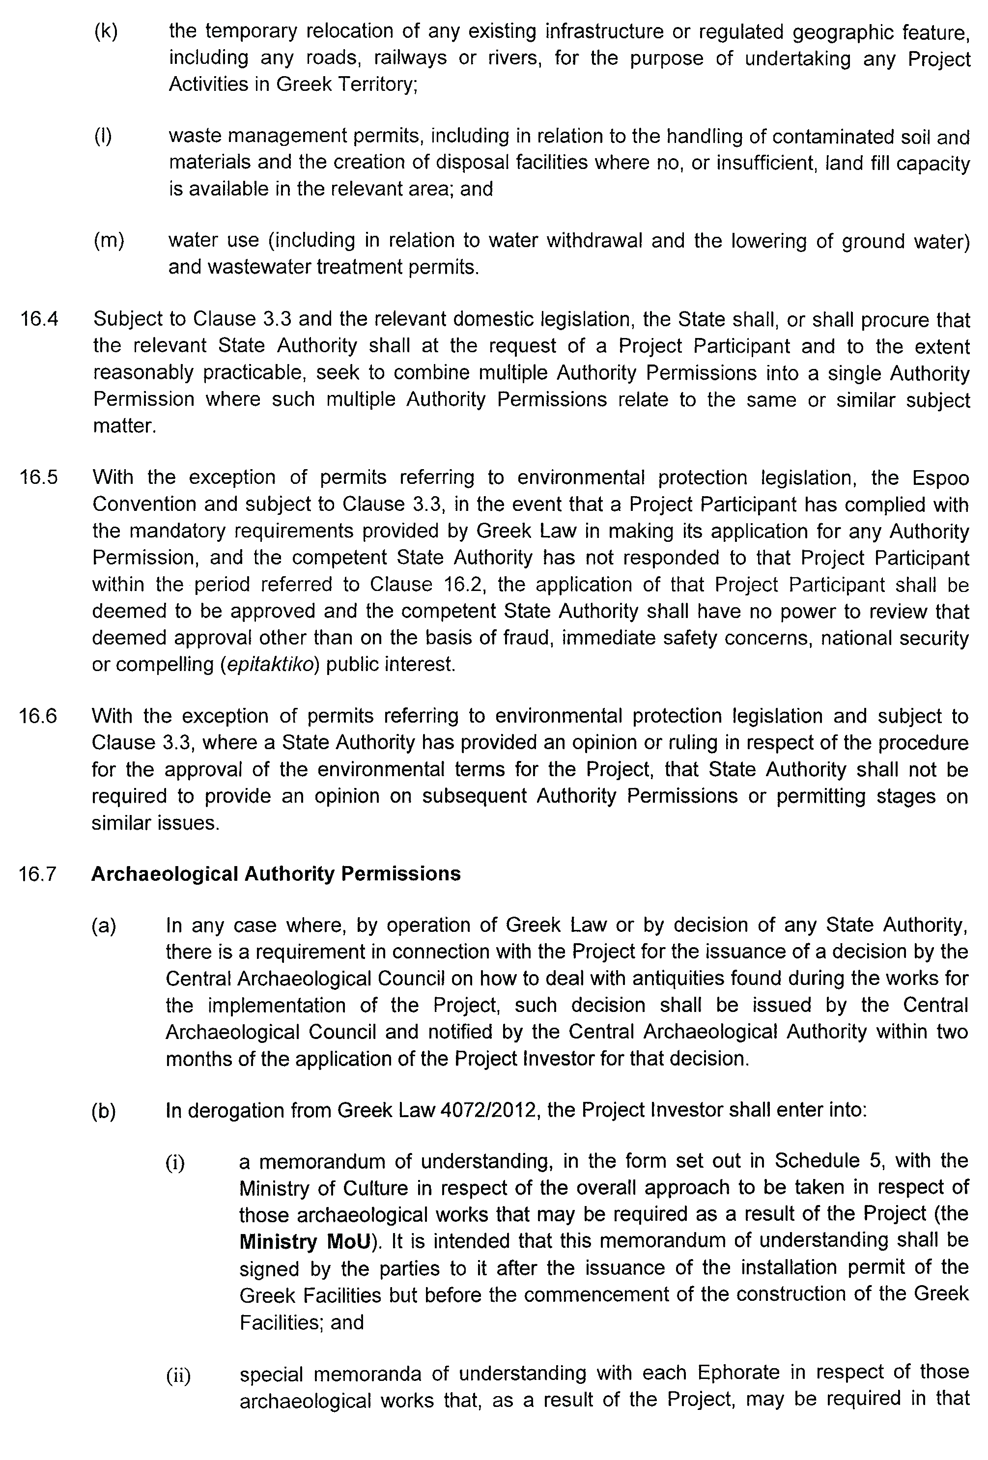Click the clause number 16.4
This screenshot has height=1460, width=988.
pos(38,319)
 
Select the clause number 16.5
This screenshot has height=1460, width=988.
pos(38,477)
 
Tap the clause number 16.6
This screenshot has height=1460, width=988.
pos(38,716)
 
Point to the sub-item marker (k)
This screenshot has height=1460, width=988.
pos(106,31)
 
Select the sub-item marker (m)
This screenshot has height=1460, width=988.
pos(109,240)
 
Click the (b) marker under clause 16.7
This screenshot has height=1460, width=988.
pos(104,1111)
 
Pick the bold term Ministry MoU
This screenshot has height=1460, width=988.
pos(305,1241)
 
